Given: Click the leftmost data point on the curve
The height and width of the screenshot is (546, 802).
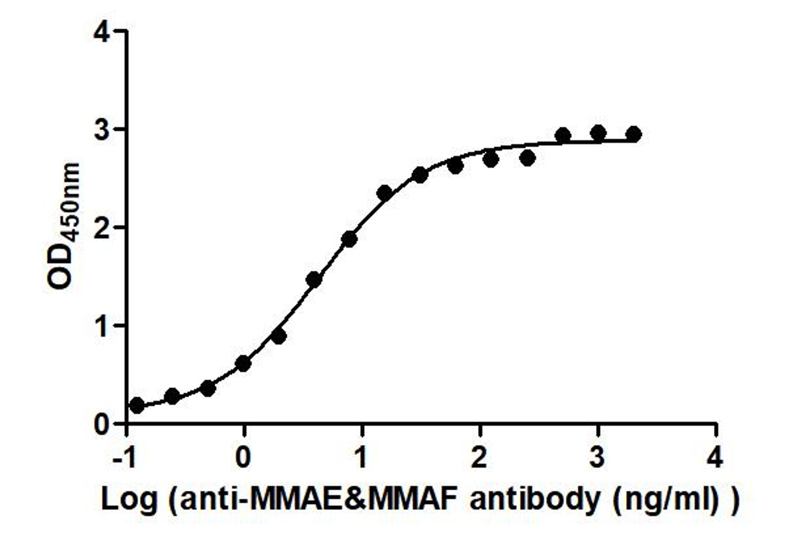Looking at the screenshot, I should click(137, 405).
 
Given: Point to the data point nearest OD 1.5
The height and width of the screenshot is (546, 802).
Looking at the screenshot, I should click(314, 279).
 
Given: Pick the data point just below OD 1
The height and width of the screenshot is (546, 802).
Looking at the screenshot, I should click(279, 336).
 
